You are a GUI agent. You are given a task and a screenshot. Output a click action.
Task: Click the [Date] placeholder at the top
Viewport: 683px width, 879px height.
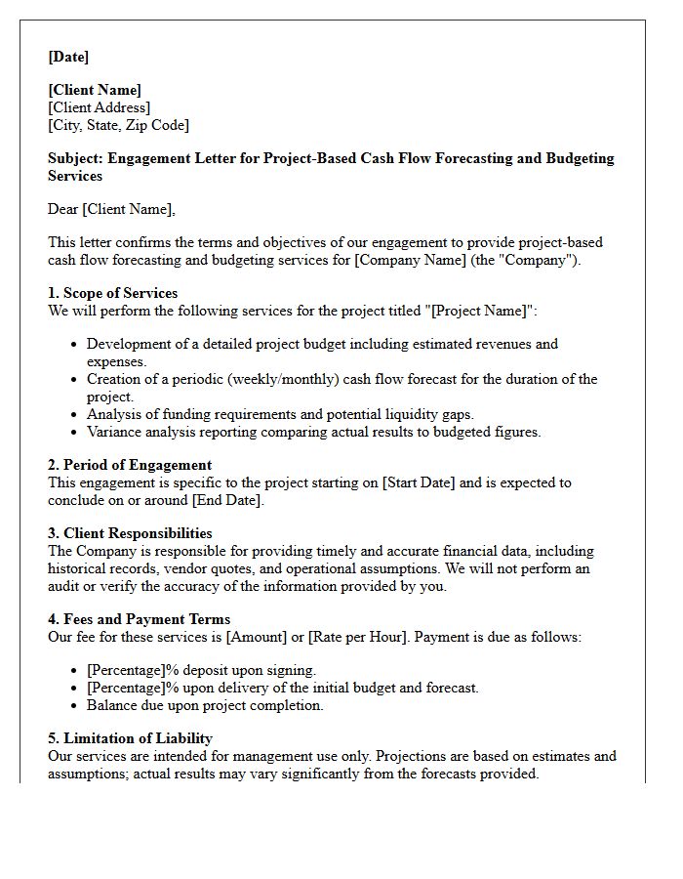(x=68, y=57)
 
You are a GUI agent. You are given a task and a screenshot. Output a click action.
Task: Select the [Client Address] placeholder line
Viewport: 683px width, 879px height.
(x=99, y=107)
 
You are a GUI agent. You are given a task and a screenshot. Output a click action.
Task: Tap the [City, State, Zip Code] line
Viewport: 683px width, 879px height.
(x=118, y=125)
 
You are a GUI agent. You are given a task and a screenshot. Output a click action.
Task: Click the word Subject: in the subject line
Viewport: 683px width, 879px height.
(x=76, y=158)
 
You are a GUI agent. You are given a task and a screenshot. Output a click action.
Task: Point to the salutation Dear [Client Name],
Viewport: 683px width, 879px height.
(x=111, y=209)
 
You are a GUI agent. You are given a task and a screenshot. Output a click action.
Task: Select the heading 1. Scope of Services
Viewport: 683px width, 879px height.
(x=112, y=293)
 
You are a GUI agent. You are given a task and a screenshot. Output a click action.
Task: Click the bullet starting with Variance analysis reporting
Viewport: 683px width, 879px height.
(x=313, y=432)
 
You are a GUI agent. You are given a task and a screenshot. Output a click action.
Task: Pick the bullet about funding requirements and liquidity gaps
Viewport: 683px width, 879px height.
(x=280, y=414)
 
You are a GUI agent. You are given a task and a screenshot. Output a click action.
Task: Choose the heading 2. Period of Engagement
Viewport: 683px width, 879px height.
(x=130, y=465)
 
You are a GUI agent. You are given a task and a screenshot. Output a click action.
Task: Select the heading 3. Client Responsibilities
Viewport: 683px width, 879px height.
(x=130, y=533)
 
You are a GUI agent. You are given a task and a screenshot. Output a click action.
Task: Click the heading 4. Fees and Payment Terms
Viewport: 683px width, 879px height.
(x=139, y=619)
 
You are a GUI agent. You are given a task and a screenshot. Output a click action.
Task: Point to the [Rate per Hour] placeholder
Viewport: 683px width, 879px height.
(x=357, y=637)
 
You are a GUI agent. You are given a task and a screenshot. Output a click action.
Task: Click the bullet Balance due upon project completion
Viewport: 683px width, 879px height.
(x=205, y=705)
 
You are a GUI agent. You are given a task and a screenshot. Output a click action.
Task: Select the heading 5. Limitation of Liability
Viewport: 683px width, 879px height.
(x=130, y=738)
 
